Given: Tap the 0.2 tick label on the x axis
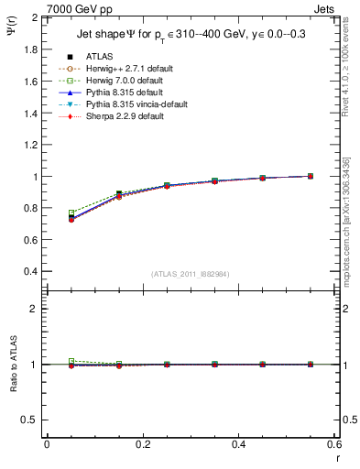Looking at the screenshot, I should (x=142, y=443).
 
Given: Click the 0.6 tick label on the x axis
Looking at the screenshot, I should (x=333, y=443).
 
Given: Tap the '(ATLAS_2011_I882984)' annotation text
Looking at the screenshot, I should (x=191, y=274).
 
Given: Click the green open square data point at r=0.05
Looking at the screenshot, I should (x=71, y=213).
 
